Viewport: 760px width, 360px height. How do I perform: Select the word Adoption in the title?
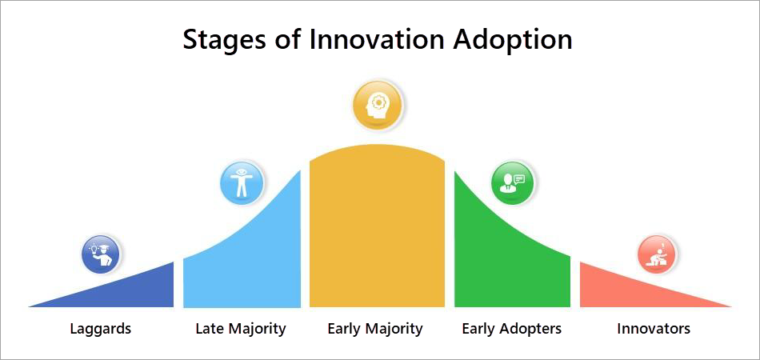pos(513,41)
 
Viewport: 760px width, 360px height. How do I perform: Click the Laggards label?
pos(101,329)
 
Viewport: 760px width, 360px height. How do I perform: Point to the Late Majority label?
pos(241,330)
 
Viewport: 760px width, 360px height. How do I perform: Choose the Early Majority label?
pos(375,330)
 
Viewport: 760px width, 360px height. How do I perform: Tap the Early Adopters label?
pos(511,330)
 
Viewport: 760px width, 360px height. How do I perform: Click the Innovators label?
pos(654,329)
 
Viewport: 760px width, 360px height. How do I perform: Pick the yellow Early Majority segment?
pos(377,228)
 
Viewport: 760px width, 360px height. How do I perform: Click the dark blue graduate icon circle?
pos(101,255)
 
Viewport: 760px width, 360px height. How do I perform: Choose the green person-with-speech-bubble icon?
pos(512,183)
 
